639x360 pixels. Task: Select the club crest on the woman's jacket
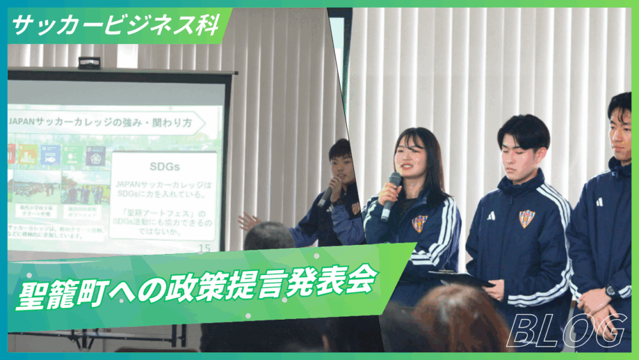[419, 223]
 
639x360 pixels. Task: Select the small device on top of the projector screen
[89, 63]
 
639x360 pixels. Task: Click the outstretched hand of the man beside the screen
[249, 220]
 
